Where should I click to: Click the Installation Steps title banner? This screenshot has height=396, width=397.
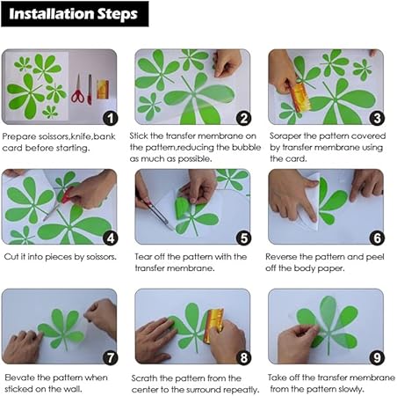75,14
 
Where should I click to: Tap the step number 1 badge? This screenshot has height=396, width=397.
111,119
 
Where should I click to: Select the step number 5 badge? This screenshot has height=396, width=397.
243,238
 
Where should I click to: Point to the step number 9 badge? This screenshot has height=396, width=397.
377,358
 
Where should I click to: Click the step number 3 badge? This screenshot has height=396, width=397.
377,118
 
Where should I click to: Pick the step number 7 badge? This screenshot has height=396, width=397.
111,358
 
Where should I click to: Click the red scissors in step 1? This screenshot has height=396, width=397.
78,89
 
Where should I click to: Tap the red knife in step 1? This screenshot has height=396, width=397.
90,90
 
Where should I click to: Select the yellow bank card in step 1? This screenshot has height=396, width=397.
103,89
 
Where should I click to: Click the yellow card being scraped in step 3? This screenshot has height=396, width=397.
300,98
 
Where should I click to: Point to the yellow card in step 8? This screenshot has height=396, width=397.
213,326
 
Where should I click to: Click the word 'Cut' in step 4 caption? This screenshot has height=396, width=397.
11,257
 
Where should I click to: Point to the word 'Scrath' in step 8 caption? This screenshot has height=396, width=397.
144,378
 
